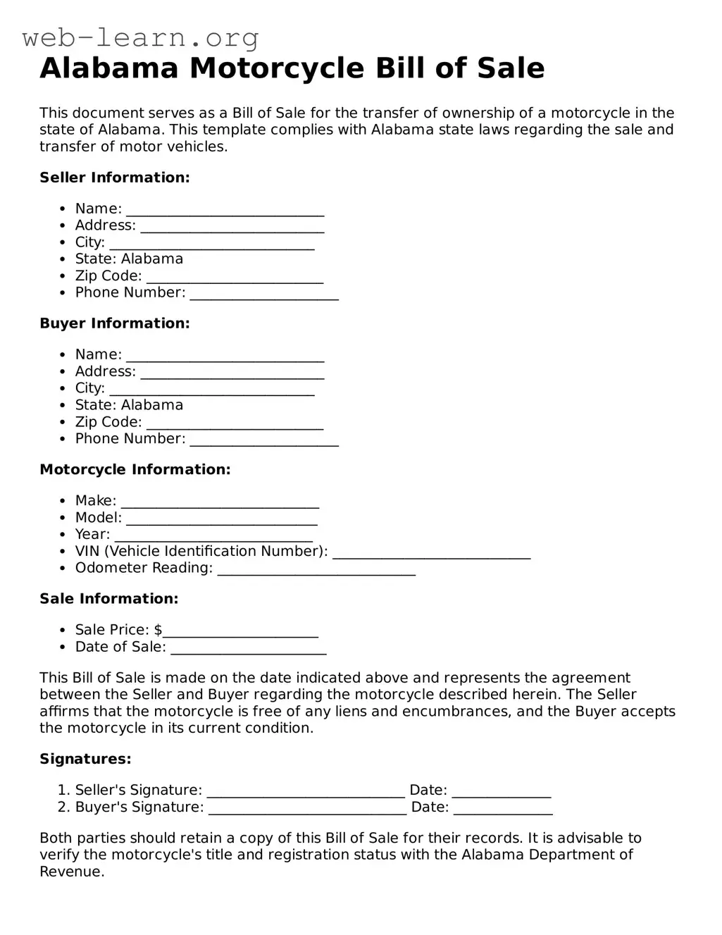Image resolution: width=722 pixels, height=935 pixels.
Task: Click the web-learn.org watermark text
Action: tap(140, 37)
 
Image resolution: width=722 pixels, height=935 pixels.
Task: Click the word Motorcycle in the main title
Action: tap(277, 68)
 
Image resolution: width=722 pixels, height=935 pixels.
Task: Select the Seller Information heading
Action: tap(115, 178)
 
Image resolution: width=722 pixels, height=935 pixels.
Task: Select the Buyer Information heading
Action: tap(115, 323)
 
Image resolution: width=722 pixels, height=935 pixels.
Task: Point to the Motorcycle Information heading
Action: tap(135, 469)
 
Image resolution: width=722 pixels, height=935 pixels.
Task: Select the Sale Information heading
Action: tap(109, 599)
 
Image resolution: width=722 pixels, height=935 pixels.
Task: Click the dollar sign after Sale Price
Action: tap(158, 630)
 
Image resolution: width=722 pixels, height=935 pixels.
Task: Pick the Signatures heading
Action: tap(85, 759)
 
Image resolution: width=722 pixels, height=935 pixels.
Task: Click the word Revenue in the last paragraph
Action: tap(70, 872)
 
